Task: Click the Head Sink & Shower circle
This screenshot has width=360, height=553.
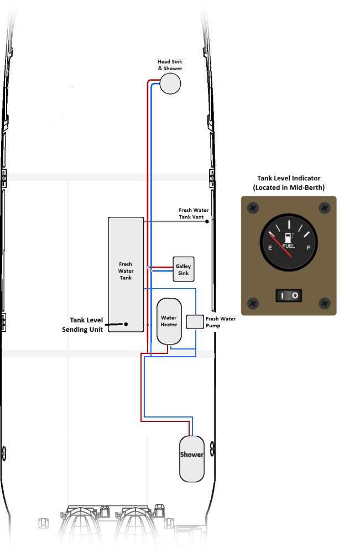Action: pyautogui.click(x=170, y=84)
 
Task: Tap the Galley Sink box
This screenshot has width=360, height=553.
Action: pyautogui.click(x=184, y=269)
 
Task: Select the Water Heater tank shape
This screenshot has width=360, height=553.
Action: pyautogui.click(x=169, y=321)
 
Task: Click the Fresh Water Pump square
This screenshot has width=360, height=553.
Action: pyautogui.click(x=195, y=322)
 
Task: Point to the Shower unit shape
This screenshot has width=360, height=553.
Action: pyautogui.click(x=192, y=459)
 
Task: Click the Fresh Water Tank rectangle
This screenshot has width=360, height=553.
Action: pyautogui.click(x=126, y=274)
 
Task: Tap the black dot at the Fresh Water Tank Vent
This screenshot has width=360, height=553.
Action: pyautogui.click(x=207, y=222)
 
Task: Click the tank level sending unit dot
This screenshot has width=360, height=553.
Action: pyautogui.click(x=126, y=324)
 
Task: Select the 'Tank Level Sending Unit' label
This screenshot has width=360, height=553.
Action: pyautogui.click(x=82, y=325)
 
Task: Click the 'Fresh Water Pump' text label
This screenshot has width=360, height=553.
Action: pyautogui.click(x=221, y=322)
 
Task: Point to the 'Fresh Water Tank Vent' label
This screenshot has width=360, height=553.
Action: pyautogui.click(x=194, y=213)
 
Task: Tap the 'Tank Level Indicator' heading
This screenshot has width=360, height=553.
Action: pyautogui.click(x=289, y=178)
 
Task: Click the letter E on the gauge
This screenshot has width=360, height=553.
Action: pyautogui.click(x=270, y=248)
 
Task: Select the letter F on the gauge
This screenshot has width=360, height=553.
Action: pyautogui.click(x=309, y=248)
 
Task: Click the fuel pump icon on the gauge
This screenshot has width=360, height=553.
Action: pyautogui.click(x=289, y=238)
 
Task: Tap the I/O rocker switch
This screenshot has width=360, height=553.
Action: pyautogui.click(x=289, y=295)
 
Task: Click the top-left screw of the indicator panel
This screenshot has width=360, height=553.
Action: pyautogui.click(x=253, y=208)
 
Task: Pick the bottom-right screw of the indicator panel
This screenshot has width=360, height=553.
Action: pyautogui.click(x=325, y=303)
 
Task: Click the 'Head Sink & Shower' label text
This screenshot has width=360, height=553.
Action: pyautogui.click(x=170, y=65)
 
